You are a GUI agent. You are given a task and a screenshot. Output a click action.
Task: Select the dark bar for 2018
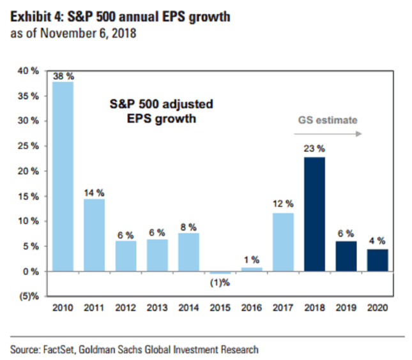[314, 214]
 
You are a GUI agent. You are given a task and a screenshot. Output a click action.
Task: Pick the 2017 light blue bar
[283, 242]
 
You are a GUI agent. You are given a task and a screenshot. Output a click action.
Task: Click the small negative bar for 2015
[220, 273]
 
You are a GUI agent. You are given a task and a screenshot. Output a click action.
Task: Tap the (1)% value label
[220, 283]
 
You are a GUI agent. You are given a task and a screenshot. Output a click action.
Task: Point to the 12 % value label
[283, 204]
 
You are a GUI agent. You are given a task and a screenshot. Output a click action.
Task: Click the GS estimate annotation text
[328, 119]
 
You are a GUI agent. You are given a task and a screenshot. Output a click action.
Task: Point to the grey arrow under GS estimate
[328, 134]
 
